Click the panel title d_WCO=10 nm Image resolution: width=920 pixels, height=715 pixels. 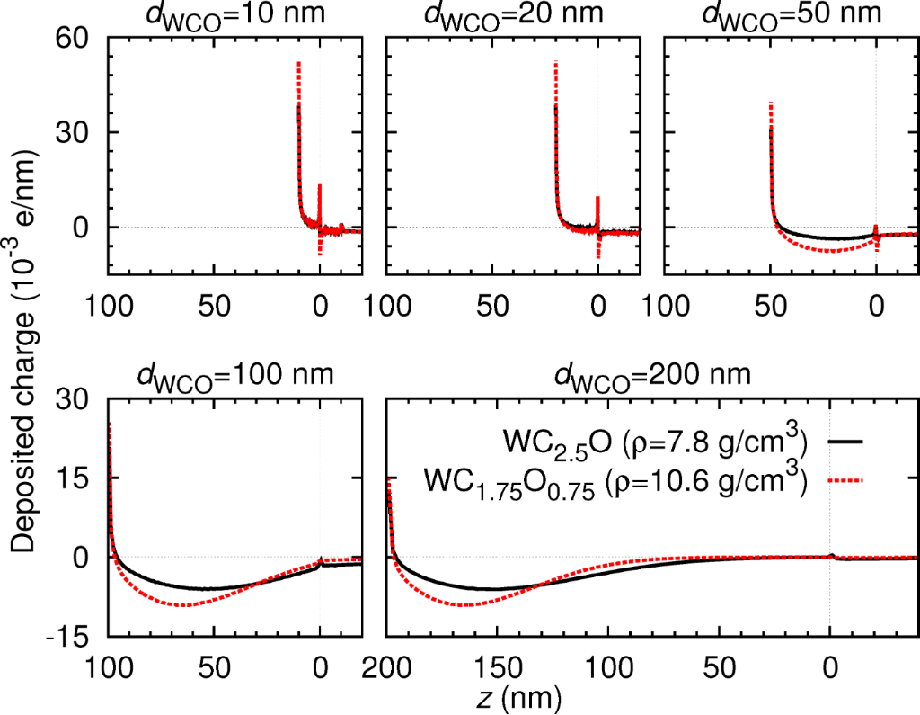pos(234,15)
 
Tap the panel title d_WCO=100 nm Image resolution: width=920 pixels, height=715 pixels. pos(235,373)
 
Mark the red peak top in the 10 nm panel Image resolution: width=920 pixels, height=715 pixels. pos(298,63)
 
